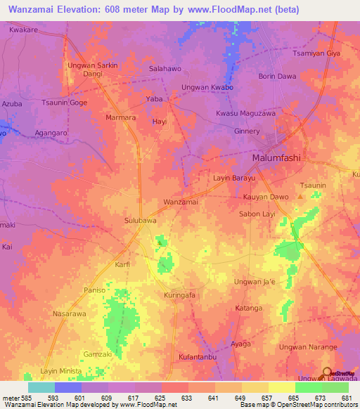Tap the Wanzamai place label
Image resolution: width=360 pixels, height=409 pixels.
pyautogui.click(x=181, y=202)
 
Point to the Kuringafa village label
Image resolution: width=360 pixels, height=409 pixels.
pyautogui.click(x=179, y=295)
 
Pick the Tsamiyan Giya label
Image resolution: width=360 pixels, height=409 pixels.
pyautogui.click(x=316, y=53)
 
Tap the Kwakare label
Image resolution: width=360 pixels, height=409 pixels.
pyautogui.click(x=23, y=31)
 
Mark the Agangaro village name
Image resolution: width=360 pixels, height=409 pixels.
pyautogui.click(x=46, y=131)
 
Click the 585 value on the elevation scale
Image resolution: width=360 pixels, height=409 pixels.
pyautogui.click(x=20, y=398)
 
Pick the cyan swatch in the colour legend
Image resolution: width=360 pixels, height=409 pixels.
pyautogui.click(x=41, y=387)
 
